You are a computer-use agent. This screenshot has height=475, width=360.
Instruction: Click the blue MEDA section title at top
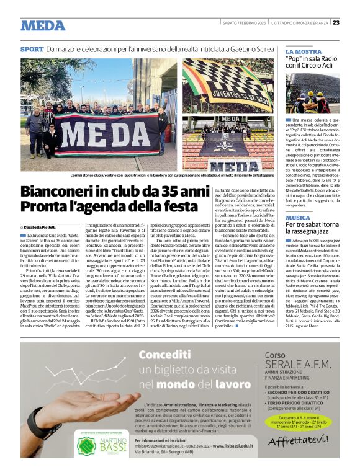43,25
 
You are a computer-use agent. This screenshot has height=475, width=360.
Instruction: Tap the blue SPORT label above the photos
32,49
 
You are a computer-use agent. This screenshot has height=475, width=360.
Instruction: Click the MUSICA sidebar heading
298,218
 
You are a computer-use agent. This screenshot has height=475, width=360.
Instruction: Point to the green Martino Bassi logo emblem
86,446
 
